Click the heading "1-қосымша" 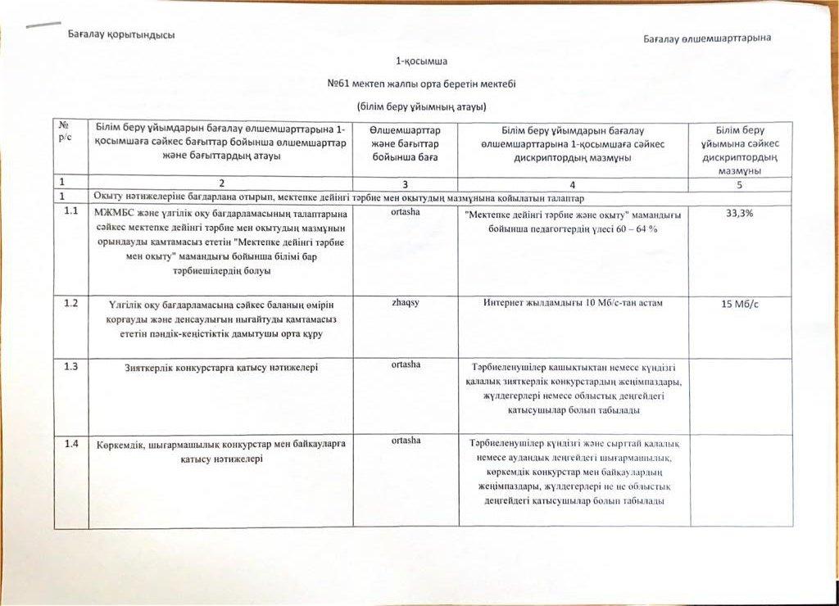[x=421, y=61]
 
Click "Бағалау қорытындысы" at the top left [x=121, y=34]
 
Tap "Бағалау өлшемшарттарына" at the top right [x=706, y=38]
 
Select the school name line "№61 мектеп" [x=421, y=84]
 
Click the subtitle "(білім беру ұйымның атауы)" [x=421, y=106]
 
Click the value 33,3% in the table [x=741, y=214]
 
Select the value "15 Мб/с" [x=741, y=305]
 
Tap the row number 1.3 [x=71, y=366]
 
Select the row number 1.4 [x=71, y=443]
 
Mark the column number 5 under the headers [x=741, y=185]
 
